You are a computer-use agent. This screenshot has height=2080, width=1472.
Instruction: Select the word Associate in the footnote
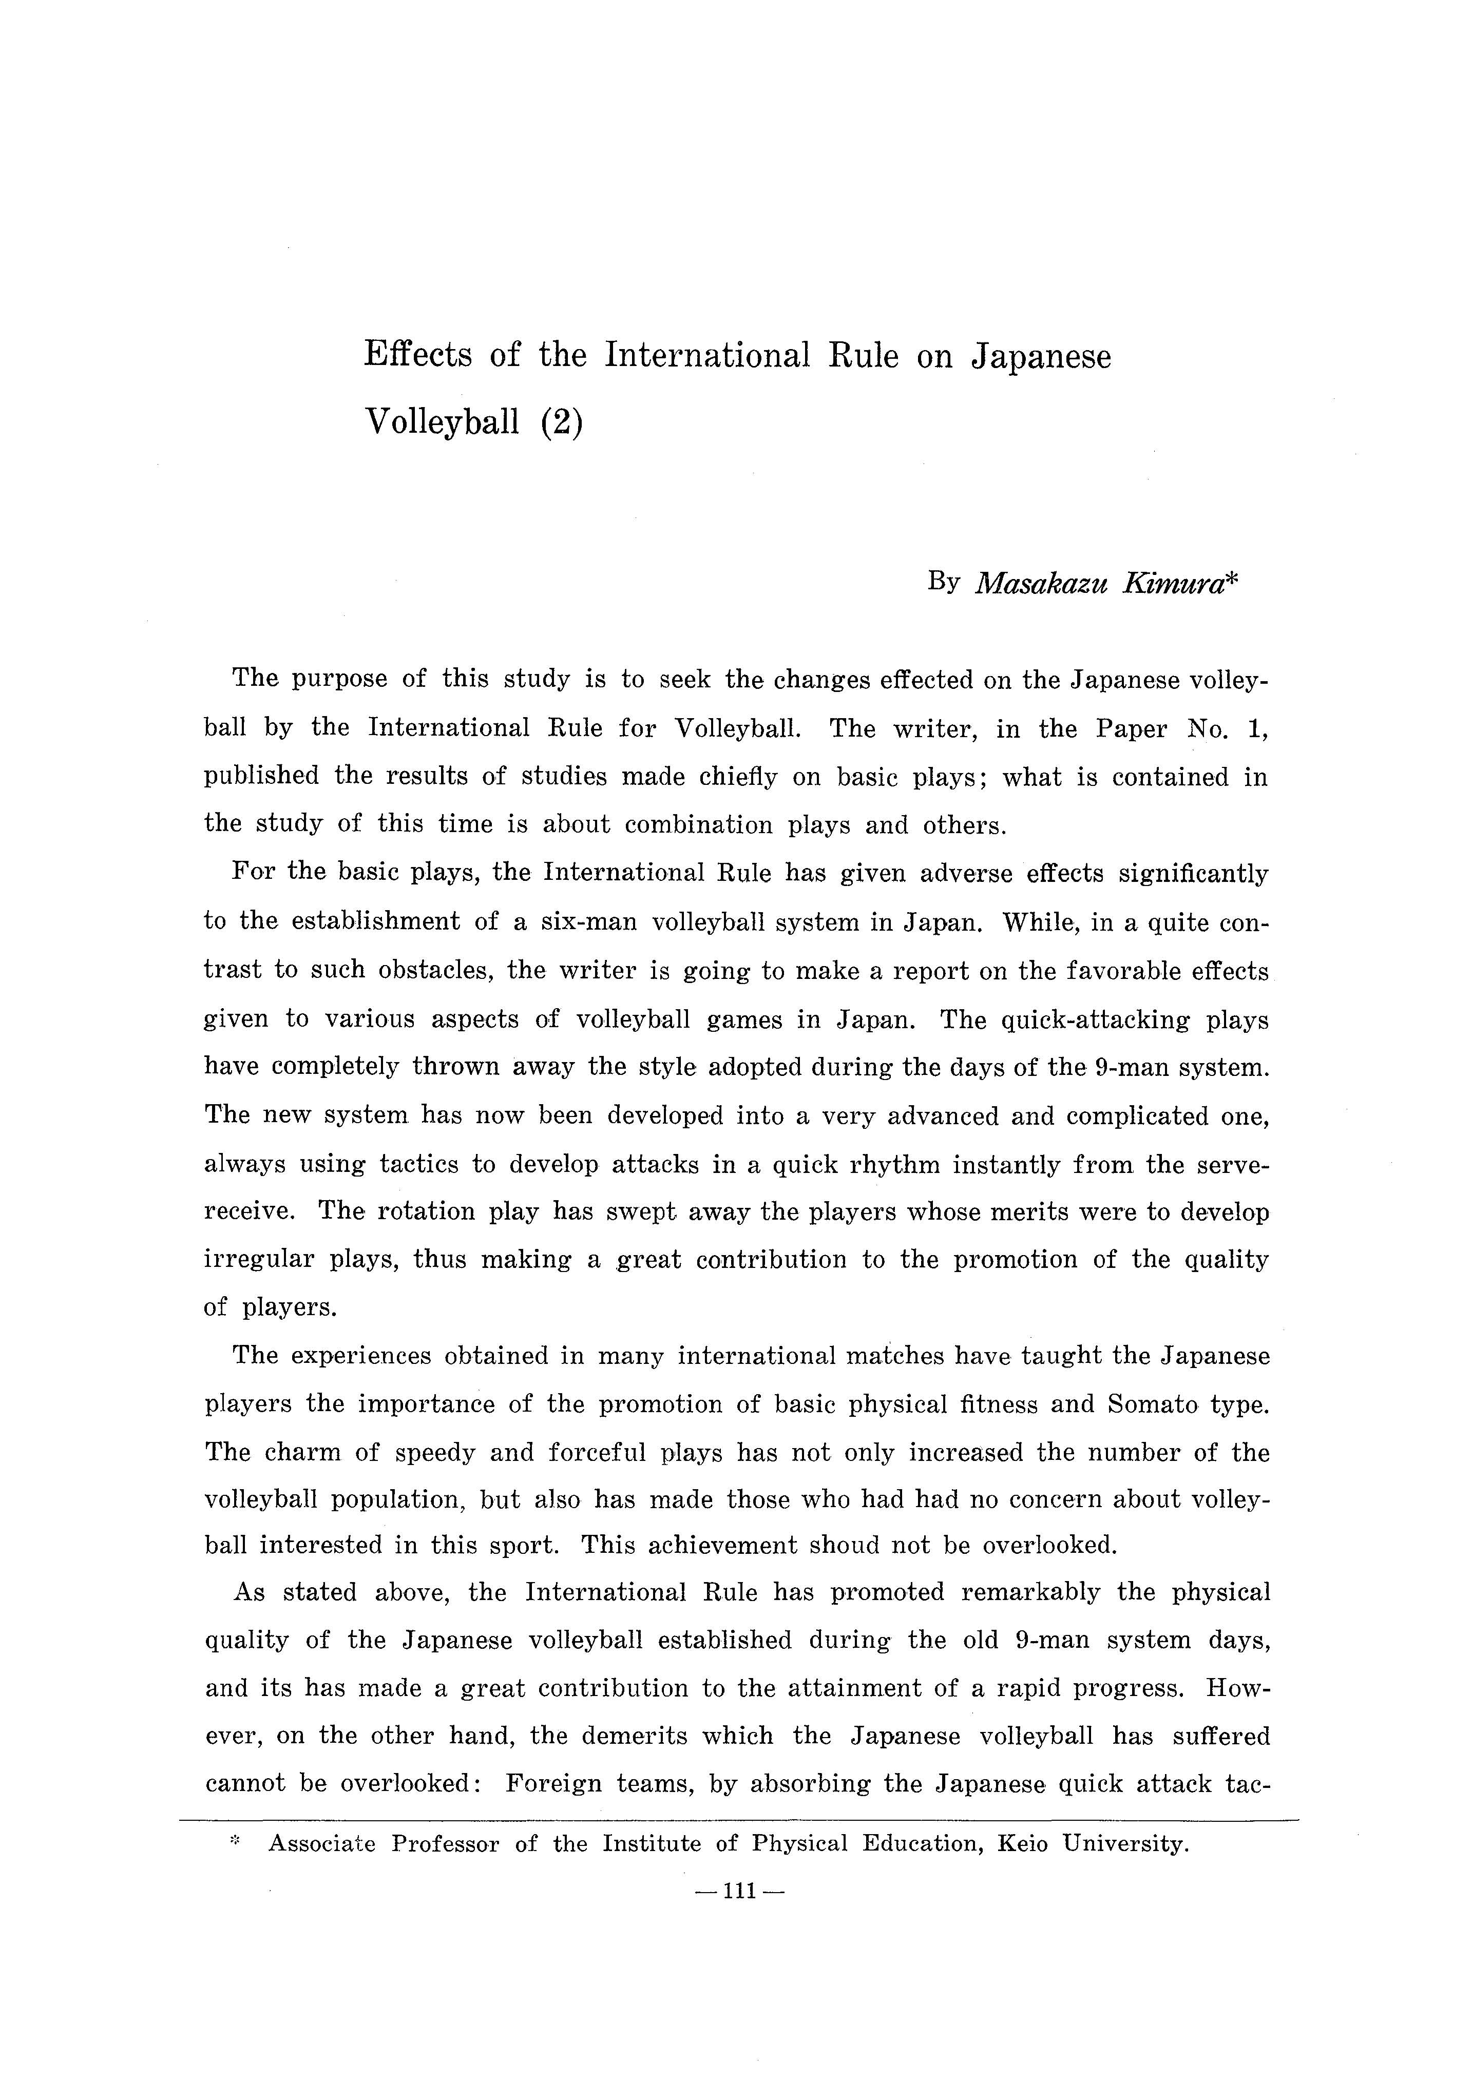coord(322,1843)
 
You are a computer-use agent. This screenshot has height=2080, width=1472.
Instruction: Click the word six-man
coord(589,922)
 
